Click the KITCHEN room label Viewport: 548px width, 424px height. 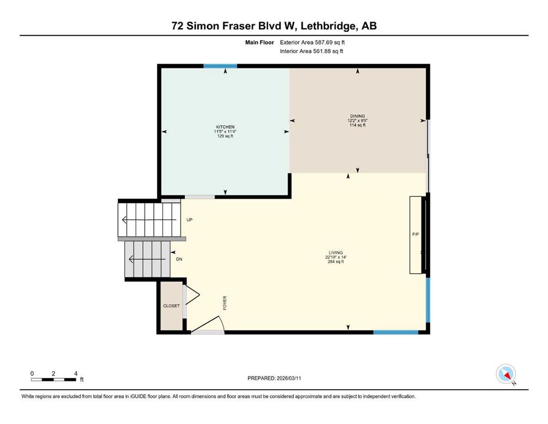[225, 127]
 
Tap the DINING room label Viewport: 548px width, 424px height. [358, 116]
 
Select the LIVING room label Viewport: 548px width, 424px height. [336, 252]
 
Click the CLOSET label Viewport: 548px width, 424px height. [171, 306]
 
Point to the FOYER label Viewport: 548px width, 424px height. [225, 303]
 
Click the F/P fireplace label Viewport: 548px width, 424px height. [416, 234]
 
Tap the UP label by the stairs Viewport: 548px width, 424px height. [189, 220]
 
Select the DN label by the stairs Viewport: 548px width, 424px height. [179, 259]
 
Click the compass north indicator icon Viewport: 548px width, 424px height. [506, 374]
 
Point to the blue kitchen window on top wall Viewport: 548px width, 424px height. [220, 66]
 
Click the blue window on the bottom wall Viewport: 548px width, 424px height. [396, 332]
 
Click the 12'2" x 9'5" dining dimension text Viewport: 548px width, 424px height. [358, 120]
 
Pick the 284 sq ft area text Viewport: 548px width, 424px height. [336, 262]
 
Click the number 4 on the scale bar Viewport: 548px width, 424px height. [76, 373]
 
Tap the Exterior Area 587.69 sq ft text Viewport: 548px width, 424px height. [312, 43]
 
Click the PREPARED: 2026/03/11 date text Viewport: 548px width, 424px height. [274, 378]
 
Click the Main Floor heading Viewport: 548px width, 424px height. [259, 43]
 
